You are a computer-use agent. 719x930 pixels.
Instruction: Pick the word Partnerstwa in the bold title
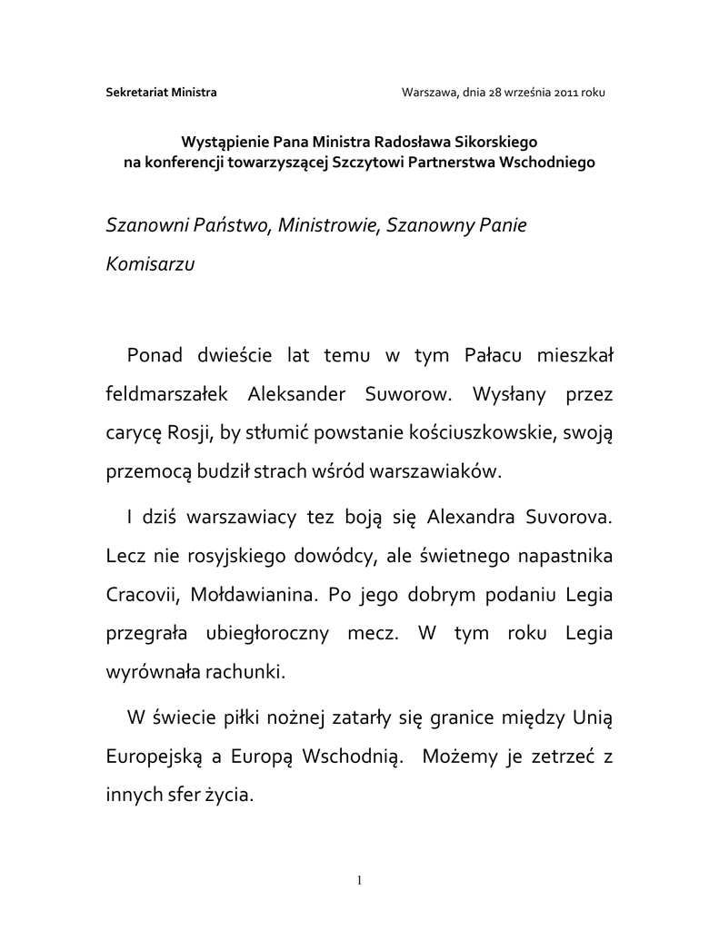(457, 162)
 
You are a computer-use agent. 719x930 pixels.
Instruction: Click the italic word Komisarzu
(152, 264)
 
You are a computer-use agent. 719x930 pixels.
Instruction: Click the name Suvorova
(568, 519)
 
